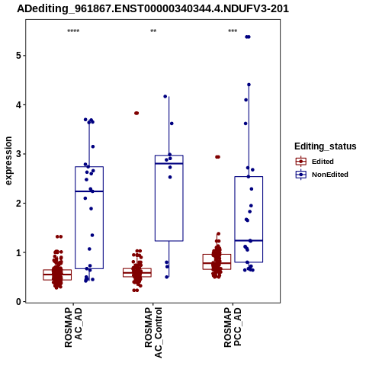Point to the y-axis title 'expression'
pos(8,161)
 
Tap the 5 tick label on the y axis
pos(18,56)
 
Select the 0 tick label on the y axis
pos(18,302)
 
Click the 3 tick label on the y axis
pos(18,154)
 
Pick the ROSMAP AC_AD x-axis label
pos(73,327)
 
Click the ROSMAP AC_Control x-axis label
pos(153,332)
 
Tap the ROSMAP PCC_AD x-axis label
pos(233,327)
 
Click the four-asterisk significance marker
pos(73,31)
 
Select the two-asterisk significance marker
pos(153,31)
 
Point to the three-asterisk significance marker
pos(233,31)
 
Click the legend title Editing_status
pos(326,146)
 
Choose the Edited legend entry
pos(315,162)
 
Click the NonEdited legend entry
pos(322,175)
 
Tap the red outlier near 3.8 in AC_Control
pos(136,113)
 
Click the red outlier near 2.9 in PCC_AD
pos(217,157)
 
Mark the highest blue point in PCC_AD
pos(248,37)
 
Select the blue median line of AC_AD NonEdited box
pos(89,191)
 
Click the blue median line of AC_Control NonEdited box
pos(169,163)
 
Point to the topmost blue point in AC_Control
pos(165,96)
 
